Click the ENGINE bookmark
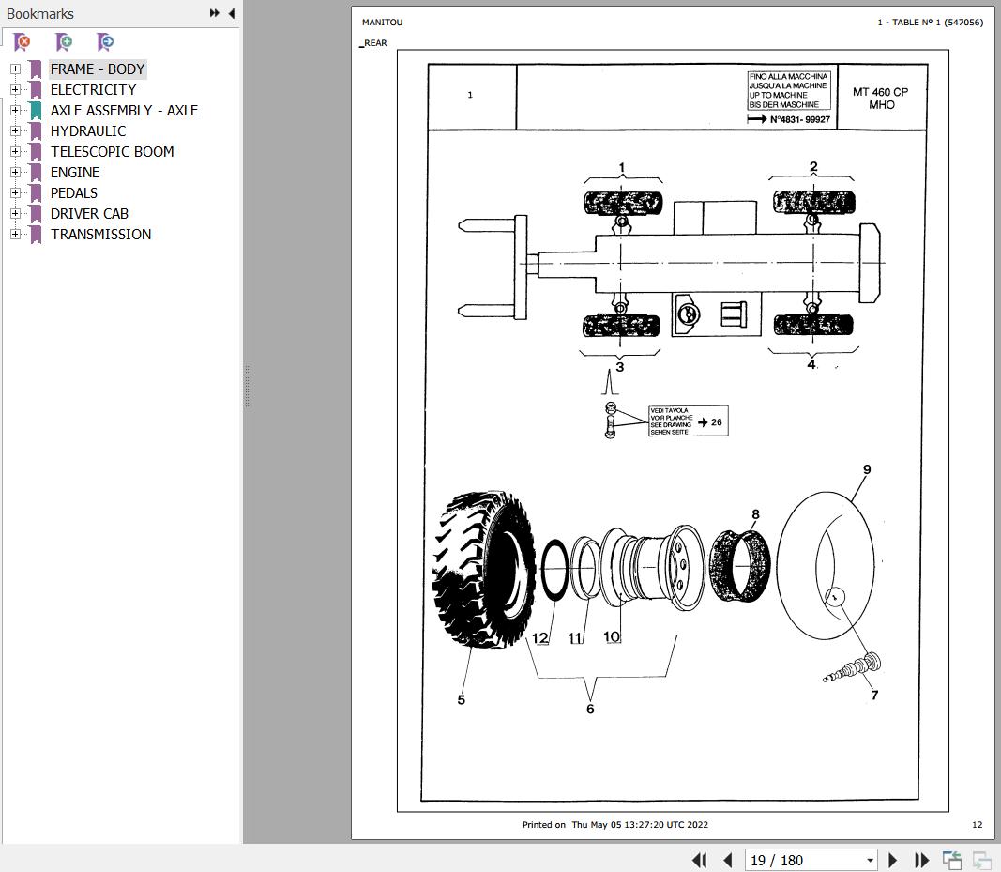pyautogui.click(x=74, y=172)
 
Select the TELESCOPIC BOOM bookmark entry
pyautogui.click(x=112, y=151)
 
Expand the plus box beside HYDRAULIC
pyautogui.click(x=15, y=130)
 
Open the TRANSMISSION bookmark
pyautogui.click(x=100, y=234)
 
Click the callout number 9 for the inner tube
pyautogui.click(x=867, y=469)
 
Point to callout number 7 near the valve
pyautogui.click(x=874, y=696)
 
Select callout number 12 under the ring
pyautogui.click(x=539, y=638)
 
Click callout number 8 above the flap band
pyautogui.click(x=755, y=514)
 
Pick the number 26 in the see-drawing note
pyautogui.click(x=716, y=422)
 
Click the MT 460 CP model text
pyautogui.click(x=880, y=92)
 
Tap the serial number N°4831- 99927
pyautogui.click(x=799, y=120)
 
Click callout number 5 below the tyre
pyautogui.click(x=461, y=699)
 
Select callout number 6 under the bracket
pyautogui.click(x=590, y=709)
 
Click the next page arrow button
pyautogui.click(x=892, y=860)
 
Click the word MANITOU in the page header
pyautogui.click(x=382, y=23)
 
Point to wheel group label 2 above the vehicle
pyautogui.click(x=813, y=167)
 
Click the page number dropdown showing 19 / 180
pyautogui.click(x=811, y=860)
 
